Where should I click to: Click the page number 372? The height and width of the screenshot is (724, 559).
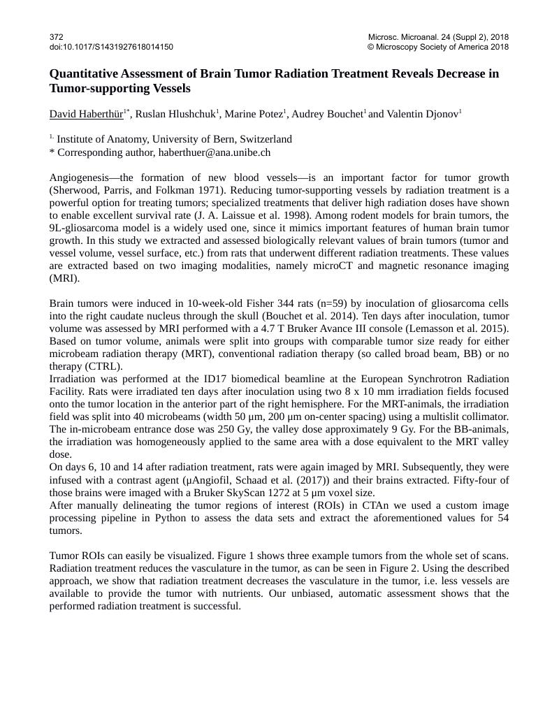pyautogui.click(x=57, y=36)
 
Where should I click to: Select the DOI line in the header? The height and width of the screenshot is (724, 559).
pyautogui.click(x=111, y=47)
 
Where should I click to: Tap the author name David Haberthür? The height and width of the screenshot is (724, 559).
pyautogui.click(x=86, y=113)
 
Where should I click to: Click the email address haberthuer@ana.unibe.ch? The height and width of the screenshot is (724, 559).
pyautogui.click(x=214, y=152)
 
